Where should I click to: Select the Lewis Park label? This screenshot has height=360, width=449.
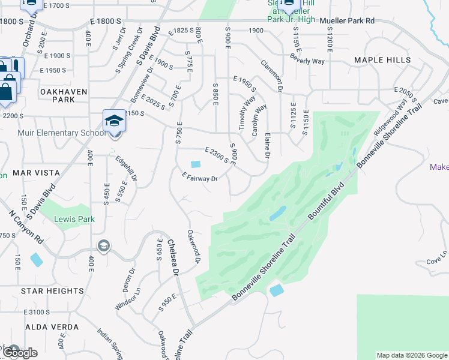point(74,219)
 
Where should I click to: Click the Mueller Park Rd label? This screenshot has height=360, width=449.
point(347,20)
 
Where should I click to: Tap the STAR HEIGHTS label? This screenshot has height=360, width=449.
point(52,290)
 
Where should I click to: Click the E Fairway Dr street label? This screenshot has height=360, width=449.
point(199,177)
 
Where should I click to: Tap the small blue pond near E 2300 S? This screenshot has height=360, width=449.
point(196,164)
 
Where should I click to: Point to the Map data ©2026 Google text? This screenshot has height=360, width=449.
point(411,355)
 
